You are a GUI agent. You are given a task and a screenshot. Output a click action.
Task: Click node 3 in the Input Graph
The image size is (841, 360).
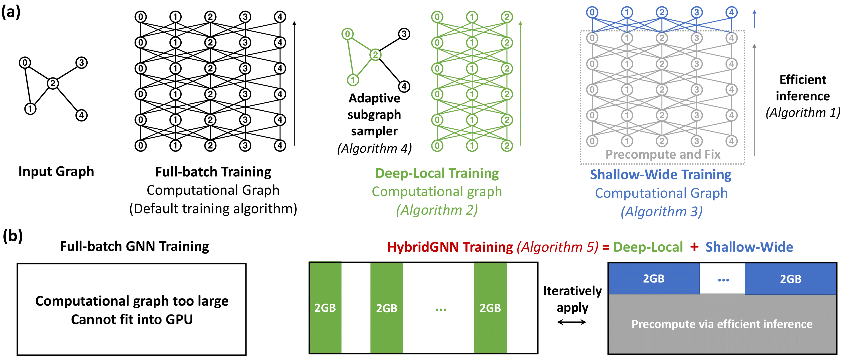82,63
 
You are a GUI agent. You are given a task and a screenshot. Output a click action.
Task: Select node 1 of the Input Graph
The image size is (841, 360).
30,109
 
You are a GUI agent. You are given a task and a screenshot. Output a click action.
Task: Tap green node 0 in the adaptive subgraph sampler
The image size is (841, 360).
347,34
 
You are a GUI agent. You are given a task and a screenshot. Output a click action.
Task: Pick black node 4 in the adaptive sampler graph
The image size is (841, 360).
404,86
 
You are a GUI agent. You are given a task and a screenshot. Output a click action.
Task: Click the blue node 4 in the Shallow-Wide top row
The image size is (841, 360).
731,12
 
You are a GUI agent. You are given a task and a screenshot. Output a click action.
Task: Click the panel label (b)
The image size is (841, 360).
12,236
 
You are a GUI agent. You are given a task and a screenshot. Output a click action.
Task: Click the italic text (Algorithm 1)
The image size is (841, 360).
803,113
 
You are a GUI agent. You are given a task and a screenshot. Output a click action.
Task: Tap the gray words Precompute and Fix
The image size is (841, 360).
663,154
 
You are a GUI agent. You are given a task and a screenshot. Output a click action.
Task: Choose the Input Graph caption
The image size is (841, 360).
56,172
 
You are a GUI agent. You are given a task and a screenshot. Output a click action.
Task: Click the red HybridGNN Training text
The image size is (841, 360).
450,247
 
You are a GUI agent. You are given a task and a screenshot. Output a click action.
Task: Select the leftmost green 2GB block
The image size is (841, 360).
325,308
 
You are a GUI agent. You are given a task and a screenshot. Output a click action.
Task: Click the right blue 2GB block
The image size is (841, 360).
790,279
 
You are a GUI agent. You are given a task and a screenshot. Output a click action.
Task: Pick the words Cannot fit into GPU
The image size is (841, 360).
132,320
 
